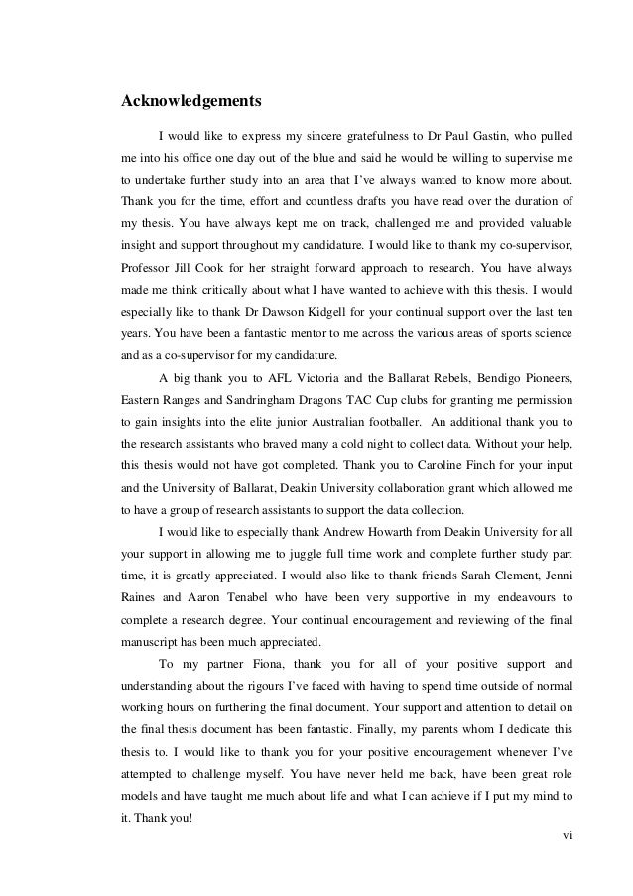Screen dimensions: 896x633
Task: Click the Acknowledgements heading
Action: point(190,101)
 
